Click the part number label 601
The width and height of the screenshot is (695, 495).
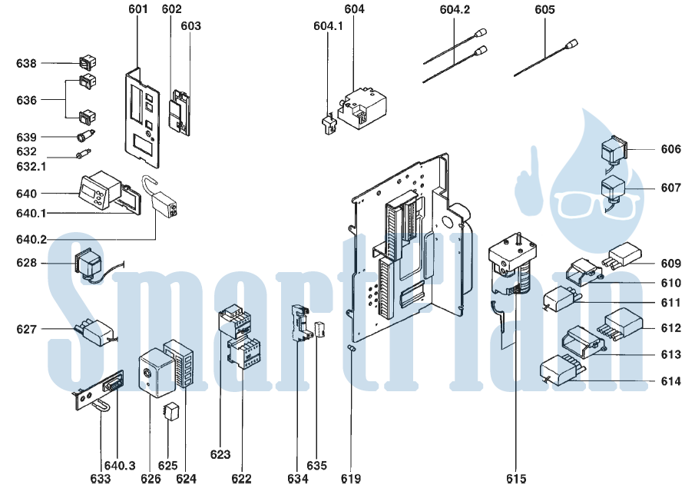[x=137, y=9]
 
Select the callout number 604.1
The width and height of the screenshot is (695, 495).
[x=328, y=26]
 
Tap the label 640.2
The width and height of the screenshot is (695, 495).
[x=31, y=240]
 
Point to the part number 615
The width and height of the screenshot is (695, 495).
[x=516, y=479]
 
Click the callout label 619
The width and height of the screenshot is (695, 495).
[x=351, y=479]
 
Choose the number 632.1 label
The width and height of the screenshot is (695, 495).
[x=31, y=167]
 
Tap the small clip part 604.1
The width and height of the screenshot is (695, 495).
[x=329, y=125]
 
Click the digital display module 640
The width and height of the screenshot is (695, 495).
[x=100, y=190]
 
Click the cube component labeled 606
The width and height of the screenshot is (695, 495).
[x=614, y=151]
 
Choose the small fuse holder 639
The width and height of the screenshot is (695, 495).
[x=86, y=135]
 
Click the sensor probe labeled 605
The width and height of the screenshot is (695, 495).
[x=546, y=58]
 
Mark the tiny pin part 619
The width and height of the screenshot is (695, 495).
[x=351, y=349]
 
